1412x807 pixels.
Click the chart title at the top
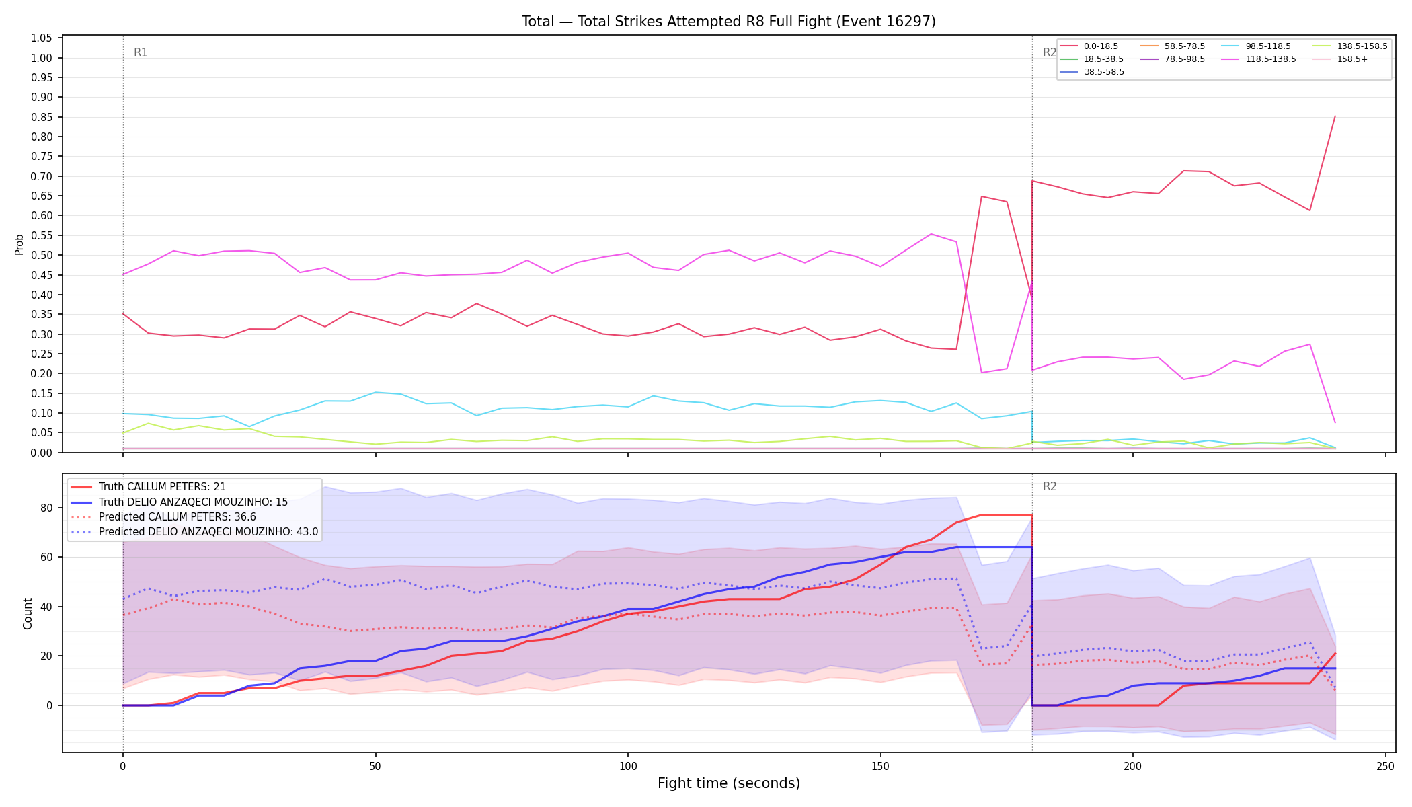coord(728,22)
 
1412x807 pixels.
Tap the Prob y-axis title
coord(19,244)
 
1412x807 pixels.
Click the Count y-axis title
coord(28,613)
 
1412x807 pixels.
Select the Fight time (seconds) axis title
coord(729,783)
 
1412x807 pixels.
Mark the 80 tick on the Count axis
coord(47,508)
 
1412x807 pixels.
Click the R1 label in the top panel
coord(141,52)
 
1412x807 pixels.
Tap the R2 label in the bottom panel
coord(1050,486)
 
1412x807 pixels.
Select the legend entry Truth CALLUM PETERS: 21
coord(162,487)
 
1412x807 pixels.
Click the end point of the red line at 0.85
coord(1335,116)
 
